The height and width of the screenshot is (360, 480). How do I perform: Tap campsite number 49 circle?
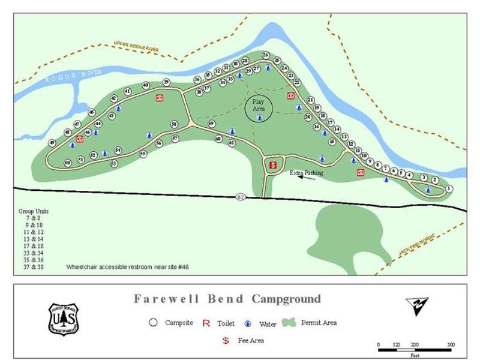tap(52, 143)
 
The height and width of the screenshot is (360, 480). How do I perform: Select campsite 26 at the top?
tap(265, 55)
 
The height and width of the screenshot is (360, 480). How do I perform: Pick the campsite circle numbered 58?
tap(174, 124)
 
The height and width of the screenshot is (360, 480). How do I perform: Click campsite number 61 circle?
tap(232, 143)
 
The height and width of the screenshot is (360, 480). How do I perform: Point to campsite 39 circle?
tap(166, 82)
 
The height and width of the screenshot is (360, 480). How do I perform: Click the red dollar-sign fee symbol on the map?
tap(272, 163)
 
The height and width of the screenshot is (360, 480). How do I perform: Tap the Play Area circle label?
tap(259, 106)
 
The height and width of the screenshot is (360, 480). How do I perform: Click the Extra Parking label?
tap(307, 173)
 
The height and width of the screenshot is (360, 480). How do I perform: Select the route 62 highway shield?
tap(240, 197)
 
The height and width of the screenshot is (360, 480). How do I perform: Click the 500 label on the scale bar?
tap(451, 345)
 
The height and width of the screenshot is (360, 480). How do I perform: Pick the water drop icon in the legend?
tap(248, 323)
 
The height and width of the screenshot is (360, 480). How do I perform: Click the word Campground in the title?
tap(286, 299)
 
